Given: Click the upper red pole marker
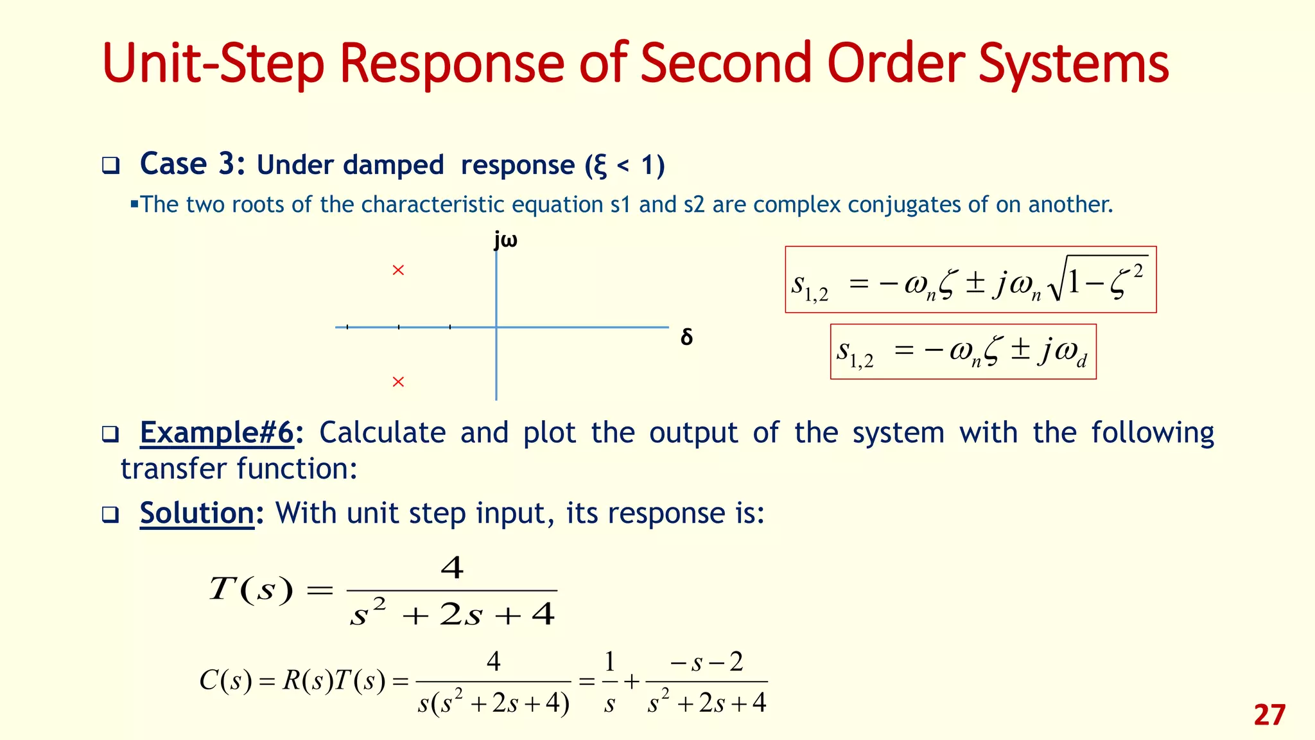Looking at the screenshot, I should [x=398, y=270].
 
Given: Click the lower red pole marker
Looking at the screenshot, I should [x=398, y=382].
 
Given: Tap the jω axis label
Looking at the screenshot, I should [x=506, y=240].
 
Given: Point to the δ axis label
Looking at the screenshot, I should [x=686, y=337].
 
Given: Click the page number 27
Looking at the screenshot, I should [x=1269, y=715].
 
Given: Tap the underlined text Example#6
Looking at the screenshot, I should [x=217, y=432].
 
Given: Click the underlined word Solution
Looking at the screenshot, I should [x=197, y=513].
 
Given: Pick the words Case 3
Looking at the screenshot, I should [x=191, y=164].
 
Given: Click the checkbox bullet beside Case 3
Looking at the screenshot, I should [x=110, y=166].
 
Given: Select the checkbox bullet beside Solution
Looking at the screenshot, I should [x=110, y=515].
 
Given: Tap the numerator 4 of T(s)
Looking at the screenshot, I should [x=452, y=568].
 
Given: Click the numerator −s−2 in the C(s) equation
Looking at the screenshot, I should [x=706, y=662].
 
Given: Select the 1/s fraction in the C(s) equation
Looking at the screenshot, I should [x=609, y=682].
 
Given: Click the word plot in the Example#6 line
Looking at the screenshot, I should [x=549, y=432].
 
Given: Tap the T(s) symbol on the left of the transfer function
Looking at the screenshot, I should [x=251, y=588].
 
